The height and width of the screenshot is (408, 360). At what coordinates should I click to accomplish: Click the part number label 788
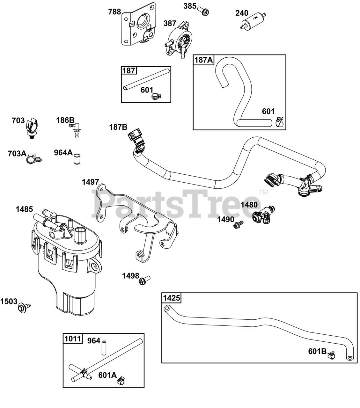pyautogui.click(x=114, y=12)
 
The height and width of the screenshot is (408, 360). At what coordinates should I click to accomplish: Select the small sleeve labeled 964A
pyautogui.click(x=77, y=159)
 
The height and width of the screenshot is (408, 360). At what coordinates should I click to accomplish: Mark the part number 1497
pyautogui.click(x=90, y=182)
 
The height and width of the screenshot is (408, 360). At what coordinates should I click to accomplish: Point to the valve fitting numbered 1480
pyautogui.click(x=263, y=215)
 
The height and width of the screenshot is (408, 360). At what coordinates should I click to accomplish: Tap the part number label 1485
pyautogui.click(x=24, y=209)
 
